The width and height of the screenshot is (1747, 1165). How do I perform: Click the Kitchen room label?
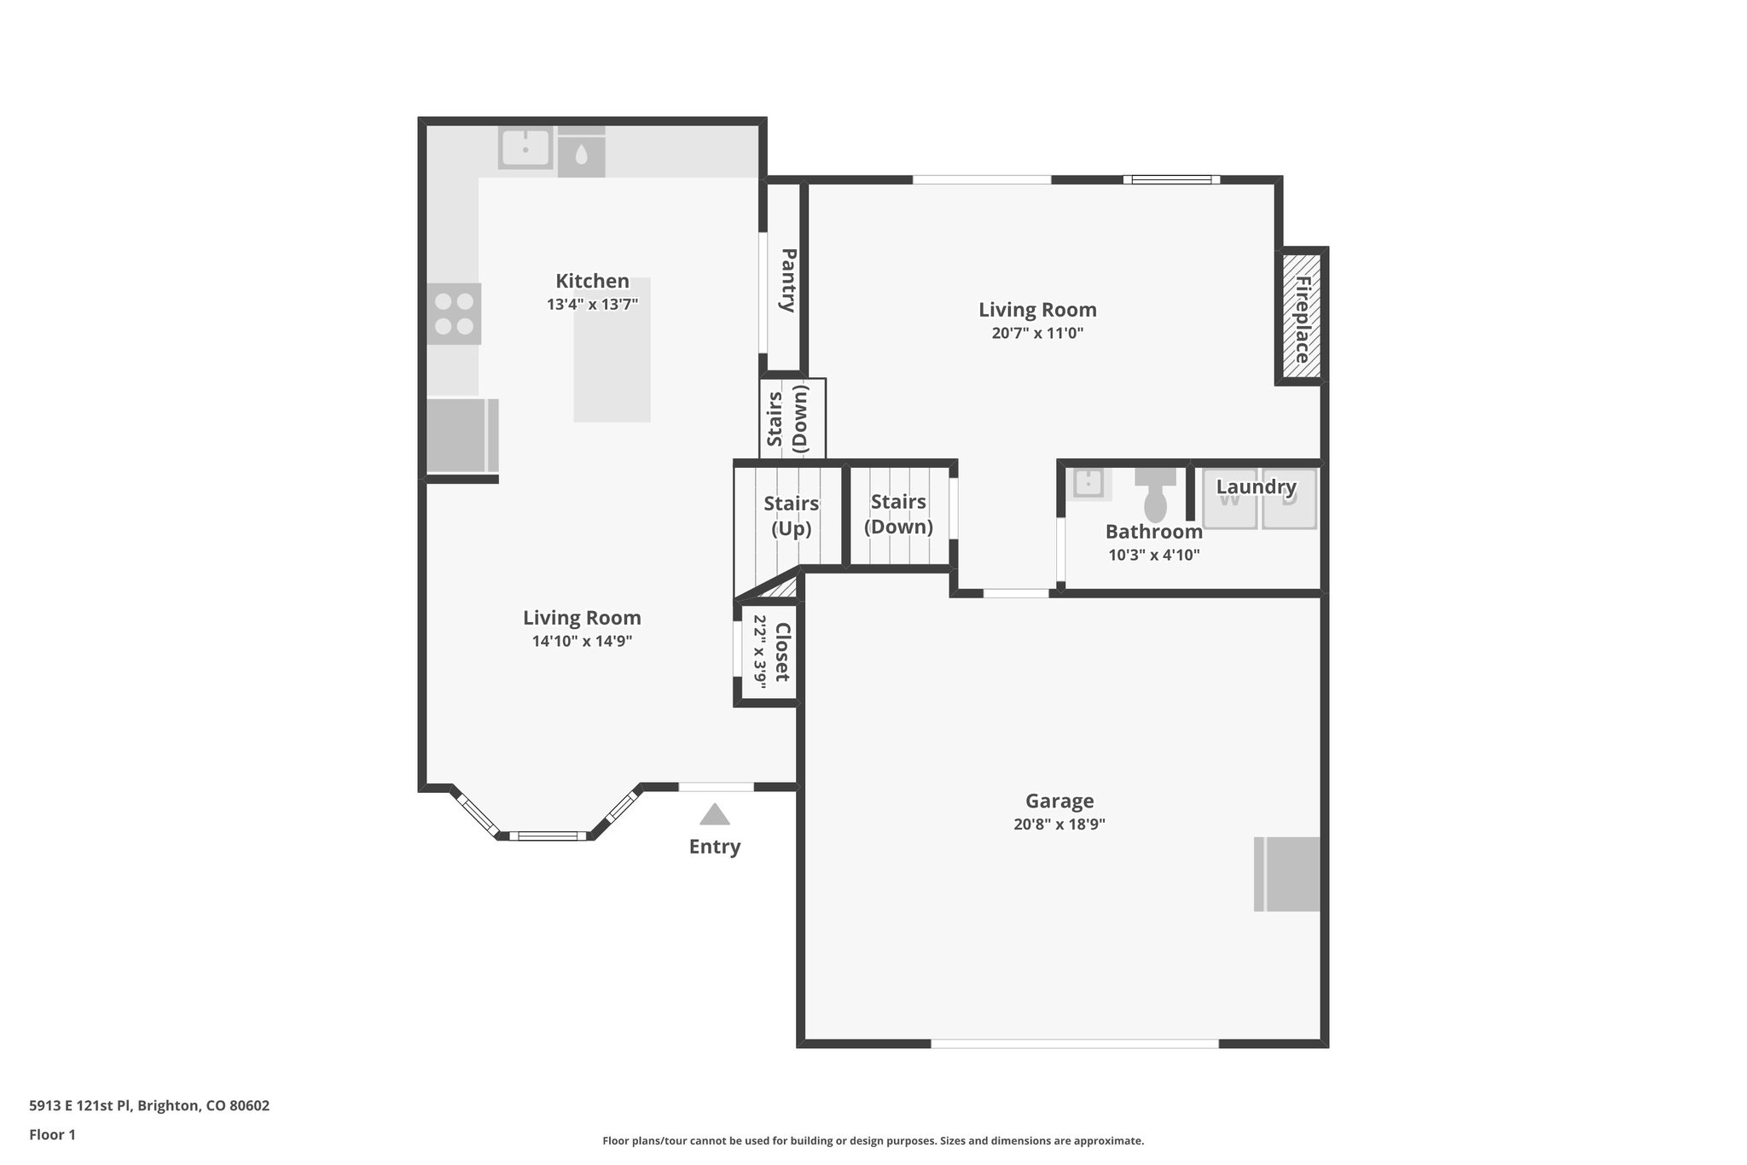point(592,281)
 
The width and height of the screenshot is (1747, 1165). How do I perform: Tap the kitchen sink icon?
point(525,149)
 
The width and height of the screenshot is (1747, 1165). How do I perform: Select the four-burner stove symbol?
point(454,313)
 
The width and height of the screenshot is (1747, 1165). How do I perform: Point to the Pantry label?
point(789,280)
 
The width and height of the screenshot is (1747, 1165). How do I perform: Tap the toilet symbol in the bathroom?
point(1155,497)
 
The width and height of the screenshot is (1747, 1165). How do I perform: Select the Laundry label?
point(1256,486)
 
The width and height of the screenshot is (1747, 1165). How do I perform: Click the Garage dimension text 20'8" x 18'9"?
point(1059,824)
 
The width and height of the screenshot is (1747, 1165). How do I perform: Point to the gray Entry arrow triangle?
point(715,815)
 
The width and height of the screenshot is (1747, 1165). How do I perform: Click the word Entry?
point(715,847)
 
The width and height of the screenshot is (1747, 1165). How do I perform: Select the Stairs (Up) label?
point(791,516)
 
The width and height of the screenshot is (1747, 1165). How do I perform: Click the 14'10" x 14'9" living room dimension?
point(582,641)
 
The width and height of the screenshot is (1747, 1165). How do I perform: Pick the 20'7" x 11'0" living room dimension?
point(1037,333)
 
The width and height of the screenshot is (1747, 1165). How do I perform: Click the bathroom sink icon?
point(1088,483)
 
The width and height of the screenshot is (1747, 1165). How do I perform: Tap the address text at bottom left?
point(149,1105)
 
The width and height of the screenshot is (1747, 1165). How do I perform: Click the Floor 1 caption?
point(53,1134)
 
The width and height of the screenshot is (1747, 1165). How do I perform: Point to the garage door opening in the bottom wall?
point(1075,1043)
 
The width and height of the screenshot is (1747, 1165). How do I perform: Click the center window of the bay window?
point(548,836)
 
